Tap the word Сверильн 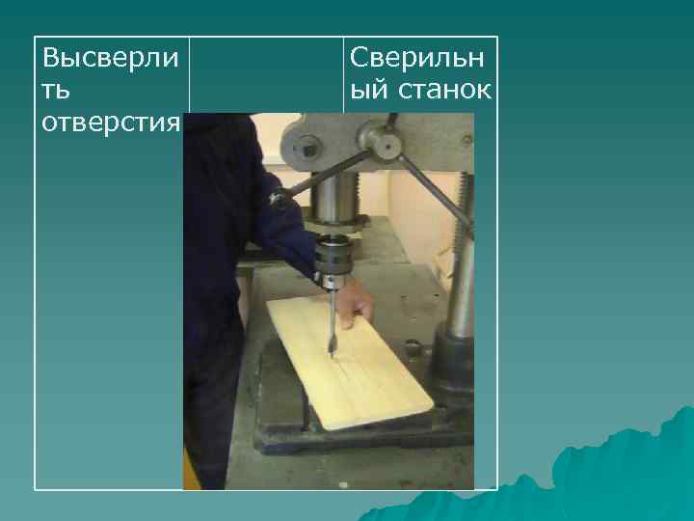pyautogui.click(x=418, y=57)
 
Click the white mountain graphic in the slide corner pyautogui.click(x=617, y=463)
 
